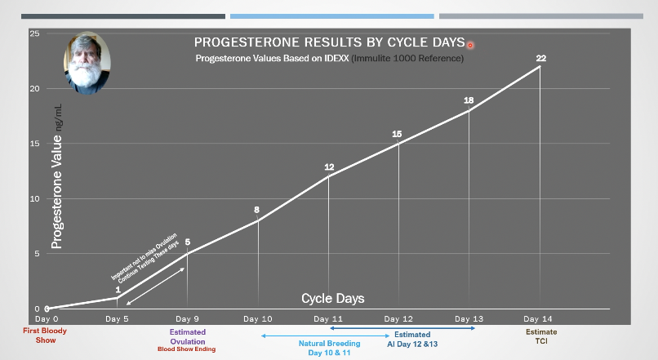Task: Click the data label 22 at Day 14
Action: tap(540, 58)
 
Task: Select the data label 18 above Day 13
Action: tap(469, 100)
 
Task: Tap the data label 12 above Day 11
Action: tap(329, 167)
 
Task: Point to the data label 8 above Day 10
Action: tap(256, 210)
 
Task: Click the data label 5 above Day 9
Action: tap(188, 242)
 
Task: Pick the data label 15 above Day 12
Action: tap(397, 134)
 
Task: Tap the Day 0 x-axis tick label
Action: tap(47, 318)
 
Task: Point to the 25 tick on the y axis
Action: tap(34, 33)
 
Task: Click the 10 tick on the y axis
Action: tap(34, 198)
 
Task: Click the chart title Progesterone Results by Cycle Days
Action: tap(328, 42)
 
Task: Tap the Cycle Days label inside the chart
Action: tap(333, 298)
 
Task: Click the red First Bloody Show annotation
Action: tap(47, 336)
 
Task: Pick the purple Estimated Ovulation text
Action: tap(188, 336)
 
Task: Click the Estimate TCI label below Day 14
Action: tap(540, 336)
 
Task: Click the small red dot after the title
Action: tap(470, 46)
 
